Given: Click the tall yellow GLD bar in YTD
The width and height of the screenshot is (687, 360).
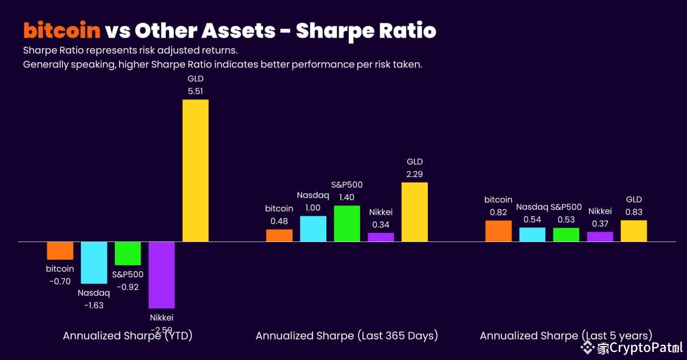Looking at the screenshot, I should click(x=195, y=171).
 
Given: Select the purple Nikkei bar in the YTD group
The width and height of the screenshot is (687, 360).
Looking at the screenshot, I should click(x=162, y=275).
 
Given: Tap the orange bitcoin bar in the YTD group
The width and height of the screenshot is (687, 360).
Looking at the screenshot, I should click(x=60, y=251).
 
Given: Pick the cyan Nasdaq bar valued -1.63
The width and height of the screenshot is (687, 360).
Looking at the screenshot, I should click(x=93, y=262).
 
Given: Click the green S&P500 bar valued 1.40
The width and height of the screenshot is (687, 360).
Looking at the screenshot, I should click(x=347, y=223).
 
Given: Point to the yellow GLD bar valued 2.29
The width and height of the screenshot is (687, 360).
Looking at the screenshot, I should click(x=414, y=212).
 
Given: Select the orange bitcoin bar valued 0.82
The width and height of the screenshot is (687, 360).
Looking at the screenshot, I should click(x=498, y=231).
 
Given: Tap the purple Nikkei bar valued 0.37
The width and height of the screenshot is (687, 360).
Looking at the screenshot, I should click(x=600, y=237).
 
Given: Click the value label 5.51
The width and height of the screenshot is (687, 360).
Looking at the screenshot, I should click(x=195, y=91).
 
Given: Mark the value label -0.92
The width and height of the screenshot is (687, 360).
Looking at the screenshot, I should click(x=127, y=287).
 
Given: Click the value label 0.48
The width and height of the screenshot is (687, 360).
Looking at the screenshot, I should click(x=279, y=221).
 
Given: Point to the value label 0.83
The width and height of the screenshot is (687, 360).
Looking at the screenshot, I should click(x=634, y=212).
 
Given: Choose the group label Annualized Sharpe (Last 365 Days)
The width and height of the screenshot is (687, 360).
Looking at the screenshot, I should click(x=347, y=336).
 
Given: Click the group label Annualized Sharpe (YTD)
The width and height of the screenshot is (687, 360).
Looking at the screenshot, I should click(x=128, y=336).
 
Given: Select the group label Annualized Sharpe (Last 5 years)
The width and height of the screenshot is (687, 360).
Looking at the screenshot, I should click(x=566, y=336).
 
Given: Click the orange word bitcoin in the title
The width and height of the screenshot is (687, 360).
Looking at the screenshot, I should click(x=62, y=31).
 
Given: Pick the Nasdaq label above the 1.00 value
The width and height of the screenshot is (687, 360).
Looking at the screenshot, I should click(x=313, y=195).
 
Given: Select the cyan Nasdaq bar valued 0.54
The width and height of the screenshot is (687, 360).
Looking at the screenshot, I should click(x=532, y=234).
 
